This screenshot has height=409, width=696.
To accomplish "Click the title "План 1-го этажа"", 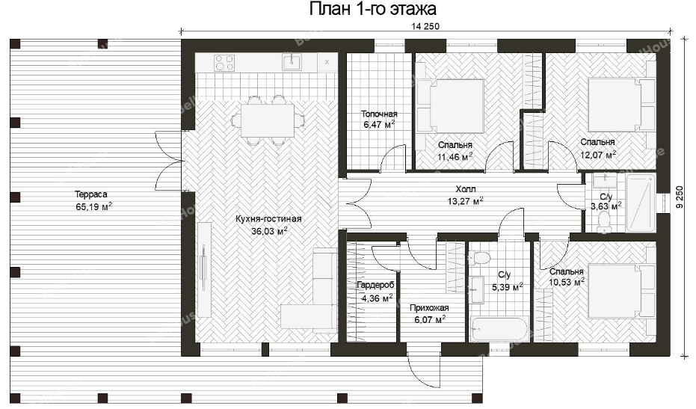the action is pos(373,9).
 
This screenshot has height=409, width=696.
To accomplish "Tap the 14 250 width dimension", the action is pos(425,27).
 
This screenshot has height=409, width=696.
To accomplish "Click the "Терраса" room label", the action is pos(91,194).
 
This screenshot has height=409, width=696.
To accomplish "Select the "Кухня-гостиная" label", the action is pos(268,219).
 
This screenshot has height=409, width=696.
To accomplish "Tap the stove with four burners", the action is pos(224,63).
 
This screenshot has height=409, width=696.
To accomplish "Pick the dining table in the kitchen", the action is pos(268,120).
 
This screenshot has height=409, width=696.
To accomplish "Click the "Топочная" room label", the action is pos(379,114).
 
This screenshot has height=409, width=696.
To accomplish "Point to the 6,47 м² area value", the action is pos(379,125).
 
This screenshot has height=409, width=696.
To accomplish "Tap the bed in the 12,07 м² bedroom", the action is pos(621,105).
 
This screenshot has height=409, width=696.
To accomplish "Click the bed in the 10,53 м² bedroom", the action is pos(622,292).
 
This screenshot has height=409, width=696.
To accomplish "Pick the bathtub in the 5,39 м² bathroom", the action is pos(500,330).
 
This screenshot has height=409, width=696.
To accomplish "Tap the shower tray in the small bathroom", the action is pos(641,203).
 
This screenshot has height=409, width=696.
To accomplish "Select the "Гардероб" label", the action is pos(375,285).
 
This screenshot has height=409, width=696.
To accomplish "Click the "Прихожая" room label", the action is pos(429,308).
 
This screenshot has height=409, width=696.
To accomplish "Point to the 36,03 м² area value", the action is pos(269,230).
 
